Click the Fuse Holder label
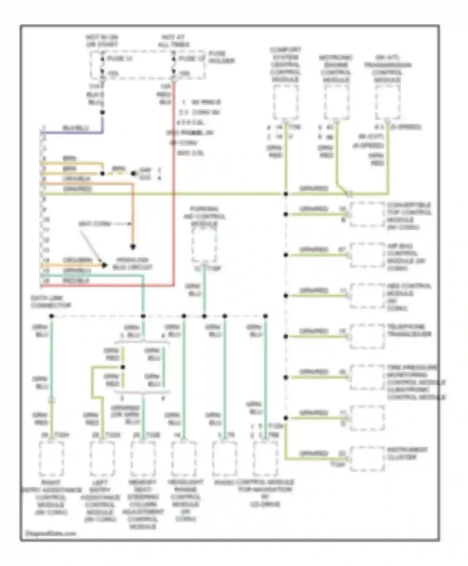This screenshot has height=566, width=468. tap(221, 57)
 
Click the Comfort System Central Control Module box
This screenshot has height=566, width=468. tap(285, 102)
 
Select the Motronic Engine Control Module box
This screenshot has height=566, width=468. tap(336, 102)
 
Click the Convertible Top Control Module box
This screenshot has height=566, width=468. tap(367, 215)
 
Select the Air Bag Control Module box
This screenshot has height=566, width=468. tap(367, 256)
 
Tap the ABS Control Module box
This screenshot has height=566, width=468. tap(367, 296)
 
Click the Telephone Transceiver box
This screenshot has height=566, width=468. tap(367, 337)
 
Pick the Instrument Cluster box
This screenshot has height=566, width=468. tap(367, 459)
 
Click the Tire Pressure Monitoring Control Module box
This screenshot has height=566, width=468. tap(367, 378)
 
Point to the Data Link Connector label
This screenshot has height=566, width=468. tap(51, 302)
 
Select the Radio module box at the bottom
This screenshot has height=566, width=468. tap(224, 458)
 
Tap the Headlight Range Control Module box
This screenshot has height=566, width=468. tap(184, 458)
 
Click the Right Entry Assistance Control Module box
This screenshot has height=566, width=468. tap(51, 458)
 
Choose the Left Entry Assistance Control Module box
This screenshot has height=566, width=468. tap(102, 458)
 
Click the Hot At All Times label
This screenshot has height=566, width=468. tap(173, 41)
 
